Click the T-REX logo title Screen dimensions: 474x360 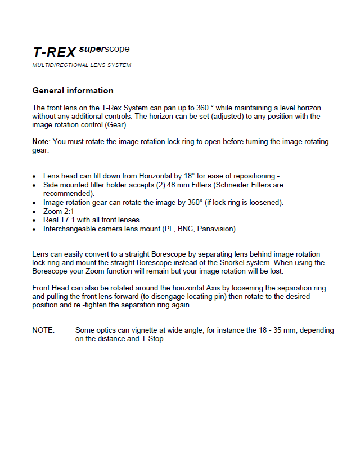pos(54,53)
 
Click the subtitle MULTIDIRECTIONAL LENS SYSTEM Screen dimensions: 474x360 pos(82,65)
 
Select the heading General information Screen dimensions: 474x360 pos(73,91)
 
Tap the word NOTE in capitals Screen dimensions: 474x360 pos(43,330)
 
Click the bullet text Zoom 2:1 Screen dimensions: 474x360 pos(58,211)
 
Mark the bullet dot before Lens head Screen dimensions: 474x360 pos(35,176)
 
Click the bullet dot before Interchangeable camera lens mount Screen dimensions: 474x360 pos(35,230)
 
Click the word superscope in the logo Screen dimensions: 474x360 pos(104,50)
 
